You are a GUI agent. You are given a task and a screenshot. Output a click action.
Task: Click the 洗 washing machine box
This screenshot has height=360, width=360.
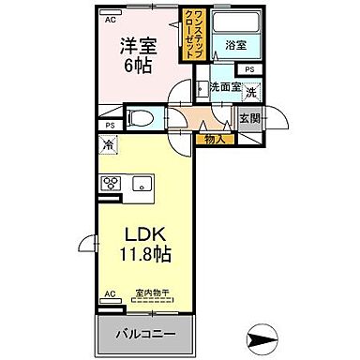tap(250, 93)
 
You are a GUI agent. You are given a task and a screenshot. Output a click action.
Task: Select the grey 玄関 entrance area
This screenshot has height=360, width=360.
tap(247, 120)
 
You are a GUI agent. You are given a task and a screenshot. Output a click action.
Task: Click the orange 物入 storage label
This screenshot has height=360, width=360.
tap(214, 139)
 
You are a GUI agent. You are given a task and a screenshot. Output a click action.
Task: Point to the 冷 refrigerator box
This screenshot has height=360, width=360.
tap(108, 144)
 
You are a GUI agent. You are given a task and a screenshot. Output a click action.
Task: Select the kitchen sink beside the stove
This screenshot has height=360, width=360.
tap(142, 182)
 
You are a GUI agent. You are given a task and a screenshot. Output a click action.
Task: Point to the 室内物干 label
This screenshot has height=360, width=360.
tap(150, 293)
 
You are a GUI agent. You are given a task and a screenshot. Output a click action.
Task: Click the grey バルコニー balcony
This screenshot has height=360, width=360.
tap(144, 333)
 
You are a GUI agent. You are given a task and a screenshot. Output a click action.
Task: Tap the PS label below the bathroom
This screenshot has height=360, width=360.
tap(249, 69)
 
